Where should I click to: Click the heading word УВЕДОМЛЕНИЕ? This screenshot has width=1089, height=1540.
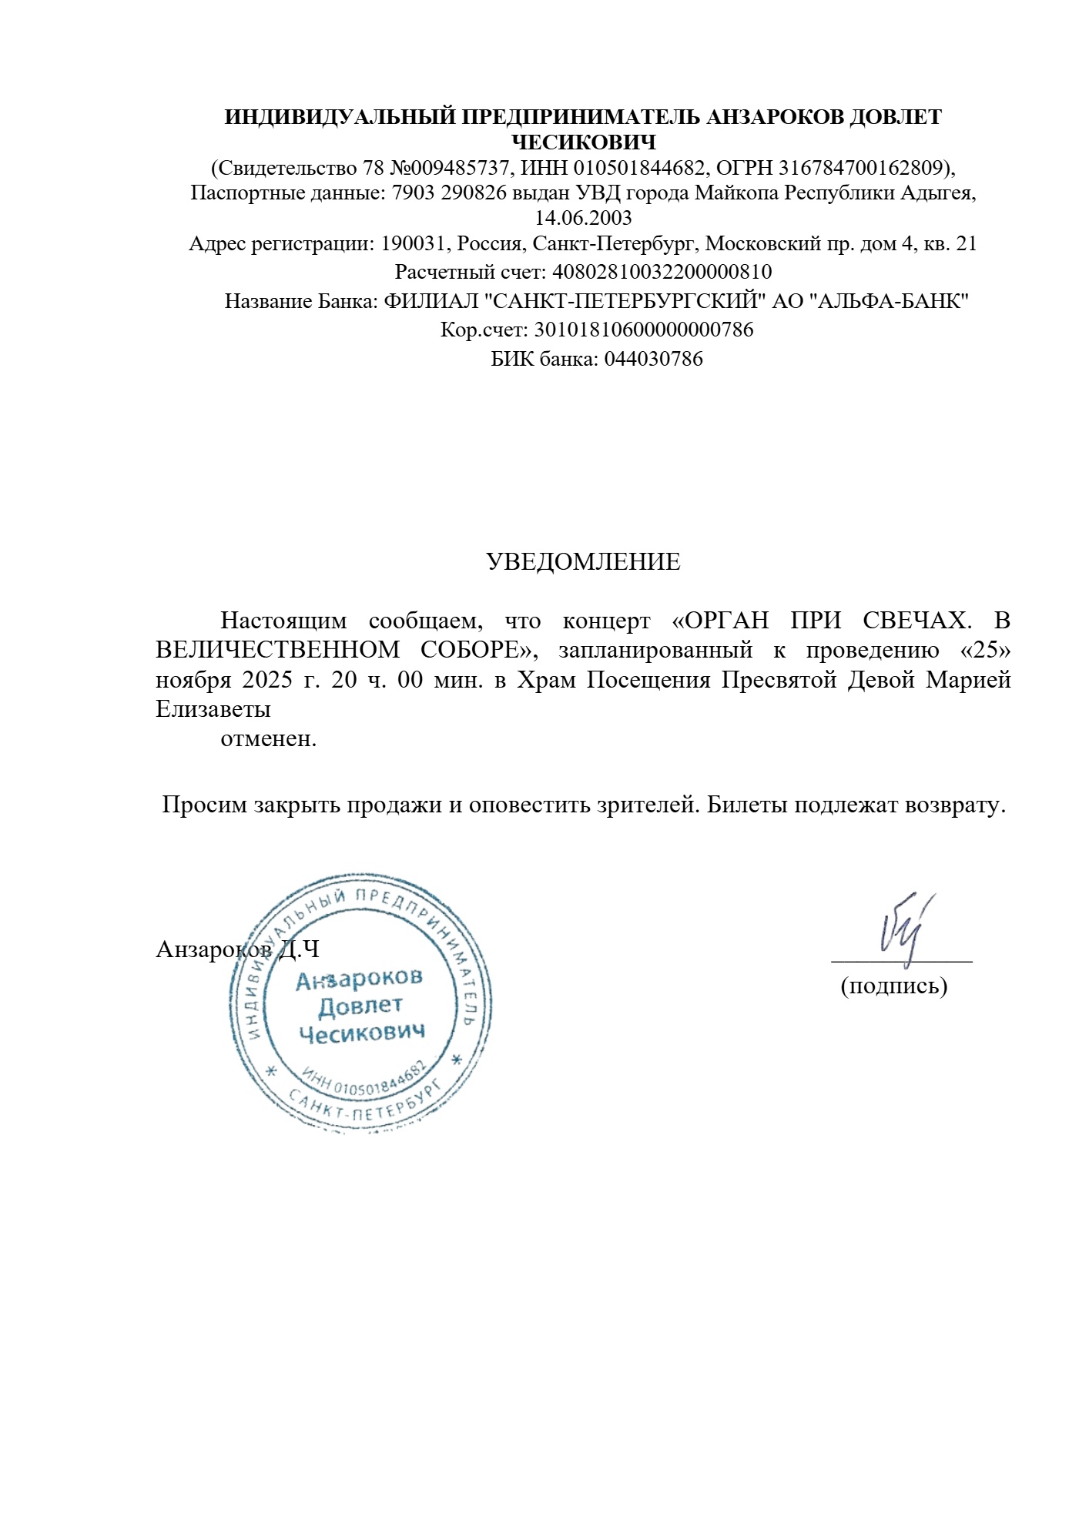(x=583, y=563)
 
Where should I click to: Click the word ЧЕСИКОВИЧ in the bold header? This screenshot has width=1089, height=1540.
(x=583, y=142)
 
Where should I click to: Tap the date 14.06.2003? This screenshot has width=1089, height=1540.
(x=583, y=218)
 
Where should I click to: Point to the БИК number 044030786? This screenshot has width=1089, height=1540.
(x=653, y=359)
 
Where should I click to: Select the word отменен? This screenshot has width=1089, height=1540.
(x=268, y=739)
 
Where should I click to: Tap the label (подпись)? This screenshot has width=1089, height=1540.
(x=893, y=986)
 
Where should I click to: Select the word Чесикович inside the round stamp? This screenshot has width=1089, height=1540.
(x=361, y=1034)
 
